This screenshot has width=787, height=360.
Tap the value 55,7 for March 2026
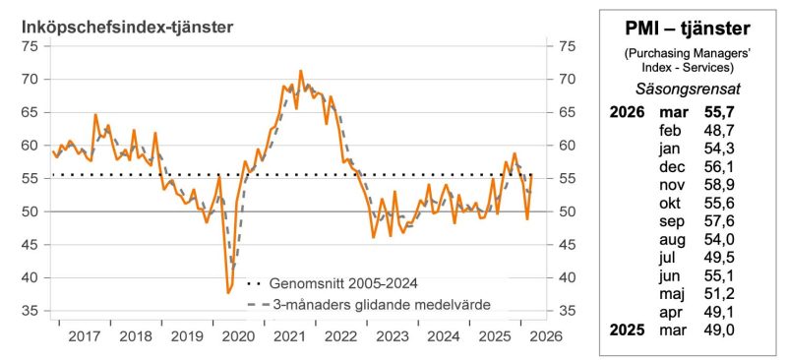(721, 111)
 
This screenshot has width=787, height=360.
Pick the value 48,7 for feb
(721, 130)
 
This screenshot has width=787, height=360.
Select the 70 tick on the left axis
(30, 79)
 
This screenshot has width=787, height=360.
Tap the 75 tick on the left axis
(30, 45)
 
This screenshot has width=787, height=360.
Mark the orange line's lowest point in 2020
(229, 293)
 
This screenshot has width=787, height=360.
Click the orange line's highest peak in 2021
(300, 71)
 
